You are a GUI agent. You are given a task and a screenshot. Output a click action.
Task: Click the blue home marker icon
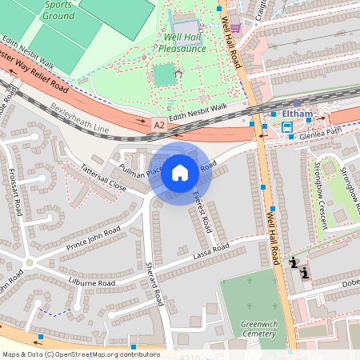(x=180, y=173)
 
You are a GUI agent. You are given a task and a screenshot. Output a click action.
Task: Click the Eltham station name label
(x=298, y=114)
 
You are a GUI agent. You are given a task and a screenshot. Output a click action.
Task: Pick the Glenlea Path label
(x=320, y=132)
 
